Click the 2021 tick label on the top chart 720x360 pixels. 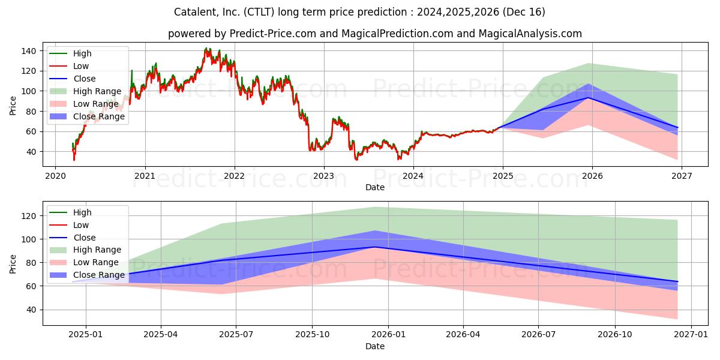coord(145,176)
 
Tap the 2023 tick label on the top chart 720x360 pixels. coord(323,176)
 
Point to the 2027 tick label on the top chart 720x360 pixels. coord(682,176)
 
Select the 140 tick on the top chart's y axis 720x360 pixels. coord(29,51)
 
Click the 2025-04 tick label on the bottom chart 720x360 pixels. coord(160,335)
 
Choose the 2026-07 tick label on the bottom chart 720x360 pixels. coord(538,335)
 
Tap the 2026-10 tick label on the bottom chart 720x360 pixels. coord(614,335)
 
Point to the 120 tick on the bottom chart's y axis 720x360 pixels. coord(29,216)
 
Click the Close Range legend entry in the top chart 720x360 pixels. coord(87,116)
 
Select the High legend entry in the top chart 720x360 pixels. coord(70,53)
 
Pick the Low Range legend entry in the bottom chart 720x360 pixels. coord(84,262)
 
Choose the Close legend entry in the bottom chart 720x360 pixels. coord(73,238)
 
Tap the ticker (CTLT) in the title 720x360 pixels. coord(259,12)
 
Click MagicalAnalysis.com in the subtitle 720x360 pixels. coord(530,34)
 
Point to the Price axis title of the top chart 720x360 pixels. coord(13,106)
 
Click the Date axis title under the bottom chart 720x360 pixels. coord(375,346)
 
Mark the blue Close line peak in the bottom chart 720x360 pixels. coord(375,247)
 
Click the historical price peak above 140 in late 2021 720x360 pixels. coord(206,48)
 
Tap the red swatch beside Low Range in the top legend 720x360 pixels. coord(58,104)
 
